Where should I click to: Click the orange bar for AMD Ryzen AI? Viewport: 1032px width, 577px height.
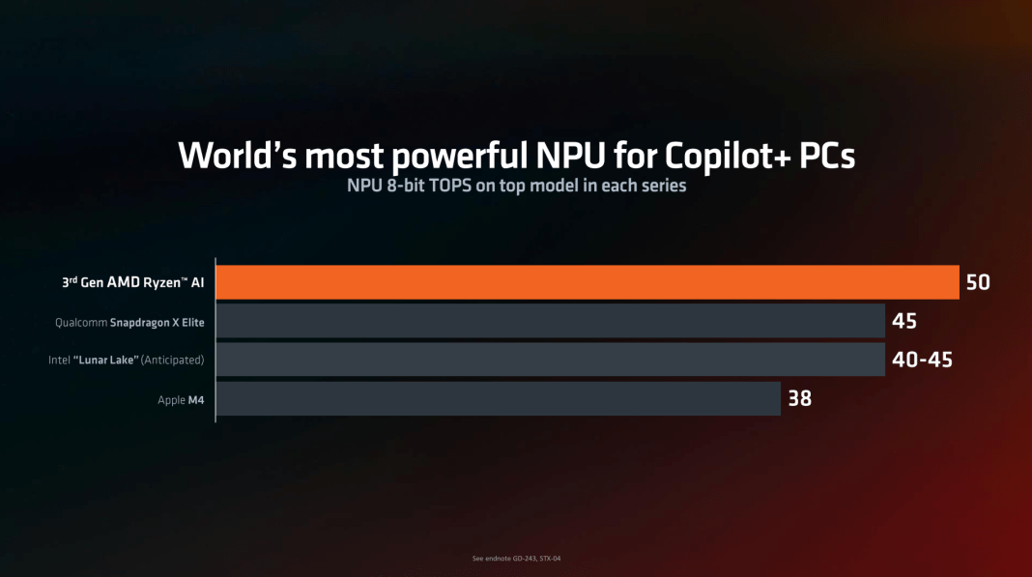click(x=588, y=282)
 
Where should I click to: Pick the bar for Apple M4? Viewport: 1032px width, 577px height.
click(x=498, y=398)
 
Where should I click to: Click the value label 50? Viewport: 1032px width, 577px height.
click(x=978, y=282)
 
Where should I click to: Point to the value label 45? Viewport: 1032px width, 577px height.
click(x=903, y=321)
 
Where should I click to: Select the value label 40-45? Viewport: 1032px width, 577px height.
click(x=922, y=360)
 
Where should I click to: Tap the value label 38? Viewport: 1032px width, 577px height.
click(x=799, y=397)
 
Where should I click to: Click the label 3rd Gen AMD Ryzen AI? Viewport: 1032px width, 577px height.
click(x=133, y=283)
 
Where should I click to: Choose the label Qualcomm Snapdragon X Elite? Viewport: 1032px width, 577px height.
click(x=129, y=322)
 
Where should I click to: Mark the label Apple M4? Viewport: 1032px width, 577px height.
click(x=181, y=399)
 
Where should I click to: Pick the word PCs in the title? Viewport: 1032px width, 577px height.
click(x=821, y=156)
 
